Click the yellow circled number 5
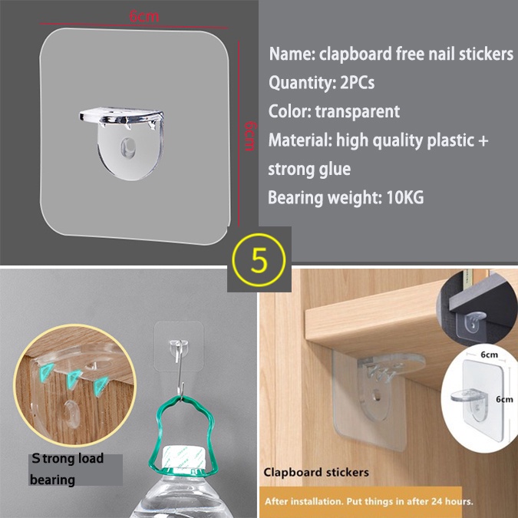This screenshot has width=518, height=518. [x=259, y=260]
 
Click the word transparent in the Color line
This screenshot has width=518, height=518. [x=357, y=111]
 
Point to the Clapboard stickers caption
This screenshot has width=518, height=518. [x=317, y=472]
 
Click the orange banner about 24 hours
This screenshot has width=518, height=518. [x=368, y=502]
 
